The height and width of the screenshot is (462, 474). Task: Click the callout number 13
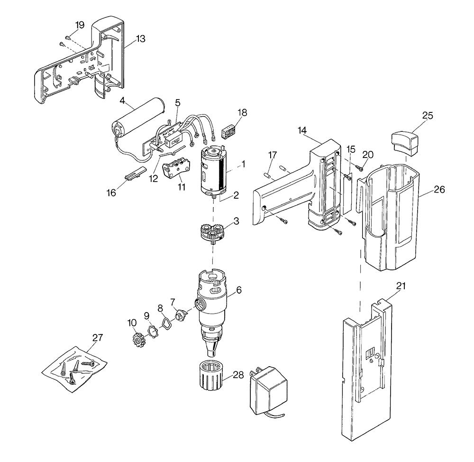tap(140, 39)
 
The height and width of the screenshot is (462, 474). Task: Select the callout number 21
tap(401, 286)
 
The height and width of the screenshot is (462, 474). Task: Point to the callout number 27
tap(98, 338)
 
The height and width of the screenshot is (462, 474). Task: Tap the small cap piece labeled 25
tap(406, 142)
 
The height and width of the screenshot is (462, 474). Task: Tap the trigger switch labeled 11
tap(176, 169)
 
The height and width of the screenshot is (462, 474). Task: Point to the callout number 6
tap(238, 290)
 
